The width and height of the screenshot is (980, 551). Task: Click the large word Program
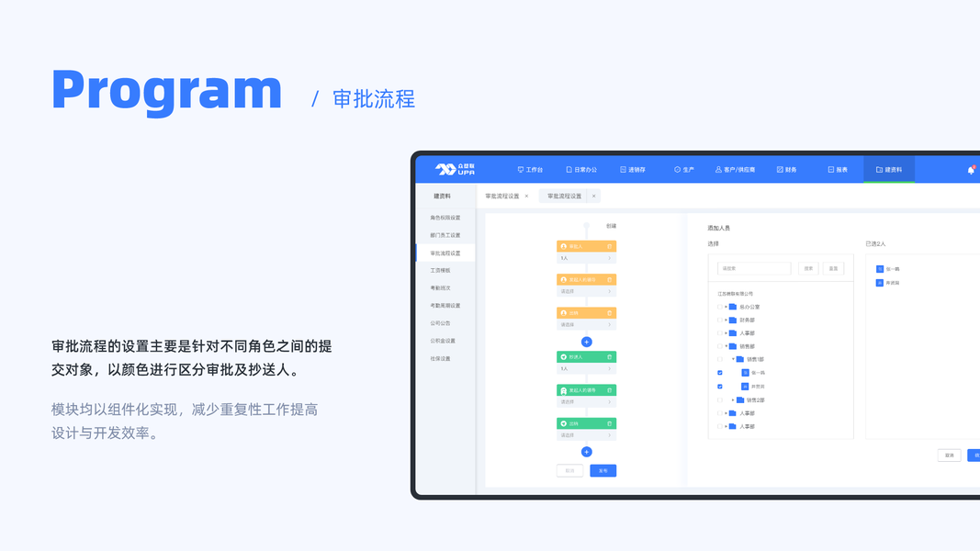point(166,91)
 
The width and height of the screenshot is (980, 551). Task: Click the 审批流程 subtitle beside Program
point(373,99)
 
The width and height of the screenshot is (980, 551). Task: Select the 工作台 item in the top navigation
point(530,170)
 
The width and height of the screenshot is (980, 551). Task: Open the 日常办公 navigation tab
point(581,170)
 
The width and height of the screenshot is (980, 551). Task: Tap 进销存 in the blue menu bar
point(633,170)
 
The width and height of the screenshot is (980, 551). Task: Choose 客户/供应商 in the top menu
point(735,170)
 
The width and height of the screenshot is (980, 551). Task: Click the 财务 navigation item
point(786,170)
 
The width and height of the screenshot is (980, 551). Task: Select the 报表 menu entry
point(837,170)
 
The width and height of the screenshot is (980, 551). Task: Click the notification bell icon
point(971,170)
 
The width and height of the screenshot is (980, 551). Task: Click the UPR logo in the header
point(455,170)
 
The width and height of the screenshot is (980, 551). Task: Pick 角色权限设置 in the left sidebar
point(445,218)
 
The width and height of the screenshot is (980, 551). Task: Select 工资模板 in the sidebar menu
point(441,270)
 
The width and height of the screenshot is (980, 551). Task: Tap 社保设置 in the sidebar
point(441,358)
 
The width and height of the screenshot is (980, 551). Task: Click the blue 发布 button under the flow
point(603,470)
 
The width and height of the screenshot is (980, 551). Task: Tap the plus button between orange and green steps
point(587,342)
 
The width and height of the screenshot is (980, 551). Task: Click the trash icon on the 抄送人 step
point(609,357)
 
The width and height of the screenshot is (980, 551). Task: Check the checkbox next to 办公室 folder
point(719,307)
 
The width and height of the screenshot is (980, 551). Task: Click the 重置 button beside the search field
point(833,268)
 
